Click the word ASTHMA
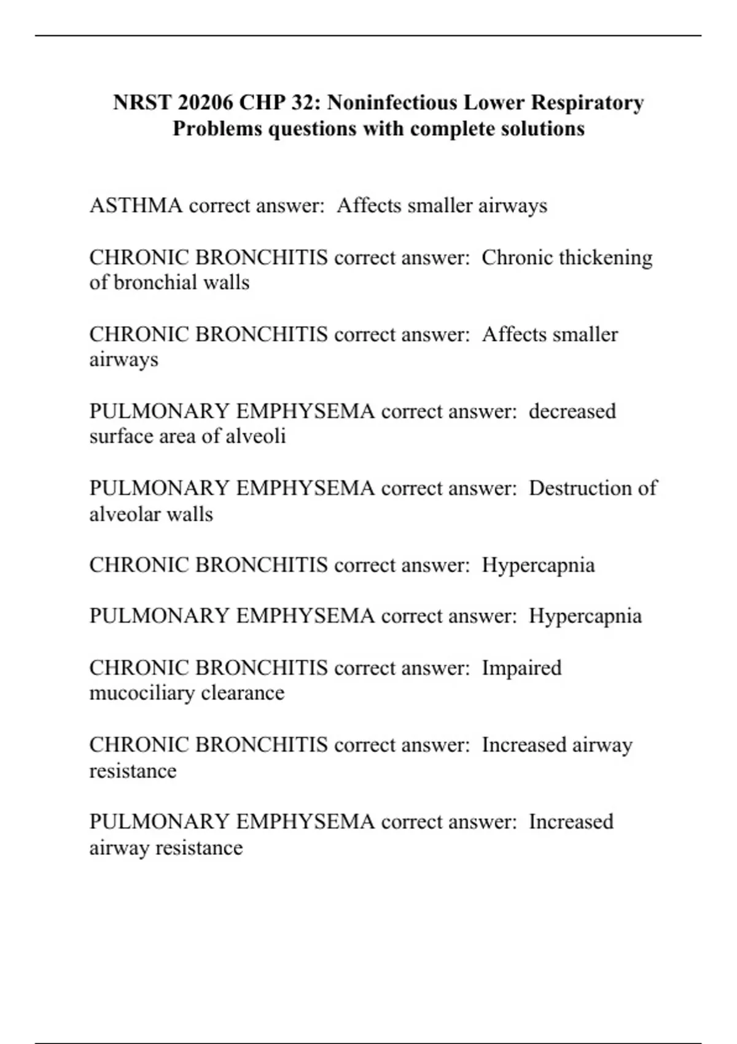pos(136,205)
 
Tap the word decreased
pos(572,411)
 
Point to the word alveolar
pos(125,513)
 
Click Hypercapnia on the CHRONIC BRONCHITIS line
pos(538,565)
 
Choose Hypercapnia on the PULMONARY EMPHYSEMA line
pos(585,616)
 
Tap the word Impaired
pos(521,668)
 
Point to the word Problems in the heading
pos(217,128)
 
